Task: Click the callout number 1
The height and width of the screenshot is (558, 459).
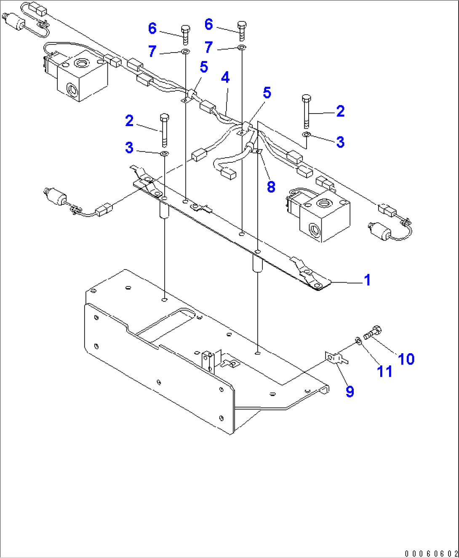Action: tap(367, 280)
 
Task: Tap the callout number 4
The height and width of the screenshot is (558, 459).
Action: tap(225, 77)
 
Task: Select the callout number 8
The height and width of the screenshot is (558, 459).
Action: tap(271, 187)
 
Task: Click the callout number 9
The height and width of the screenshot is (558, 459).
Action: tap(350, 391)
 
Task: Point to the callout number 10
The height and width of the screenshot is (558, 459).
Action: tap(406, 359)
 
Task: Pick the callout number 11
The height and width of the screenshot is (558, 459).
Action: tap(384, 371)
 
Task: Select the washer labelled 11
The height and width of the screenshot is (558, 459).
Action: tap(358, 340)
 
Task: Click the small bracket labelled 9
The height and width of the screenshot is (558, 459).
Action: tap(336, 358)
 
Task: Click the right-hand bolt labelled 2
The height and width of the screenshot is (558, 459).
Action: tap(306, 111)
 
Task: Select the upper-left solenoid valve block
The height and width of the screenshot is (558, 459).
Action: tap(80, 76)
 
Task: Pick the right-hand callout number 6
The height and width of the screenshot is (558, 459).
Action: tap(208, 24)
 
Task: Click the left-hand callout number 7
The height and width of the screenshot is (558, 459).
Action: tap(152, 51)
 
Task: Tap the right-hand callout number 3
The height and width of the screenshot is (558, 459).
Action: tap(340, 142)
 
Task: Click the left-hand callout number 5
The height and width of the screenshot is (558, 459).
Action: tap(204, 67)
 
